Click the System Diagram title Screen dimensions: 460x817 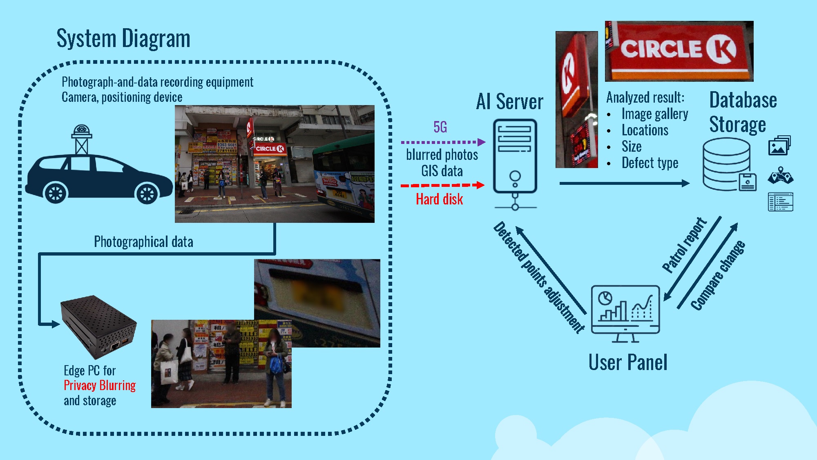[123, 39]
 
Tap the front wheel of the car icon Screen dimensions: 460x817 [147, 193]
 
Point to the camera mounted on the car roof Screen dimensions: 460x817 [81, 130]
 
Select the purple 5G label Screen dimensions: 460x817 [440, 127]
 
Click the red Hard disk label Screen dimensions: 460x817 [439, 200]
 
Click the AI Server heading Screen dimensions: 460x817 [509, 102]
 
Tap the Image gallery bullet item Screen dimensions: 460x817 [654, 114]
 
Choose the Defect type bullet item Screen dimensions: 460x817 [650, 163]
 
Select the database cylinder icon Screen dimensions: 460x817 [726, 164]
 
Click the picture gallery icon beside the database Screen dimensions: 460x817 [779, 146]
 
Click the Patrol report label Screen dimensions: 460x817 [684, 245]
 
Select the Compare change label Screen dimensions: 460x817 [718, 275]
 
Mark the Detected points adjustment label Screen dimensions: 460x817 [539, 277]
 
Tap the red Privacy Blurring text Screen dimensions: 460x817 [100, 386]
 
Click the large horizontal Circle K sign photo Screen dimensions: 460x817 [679, 51]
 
